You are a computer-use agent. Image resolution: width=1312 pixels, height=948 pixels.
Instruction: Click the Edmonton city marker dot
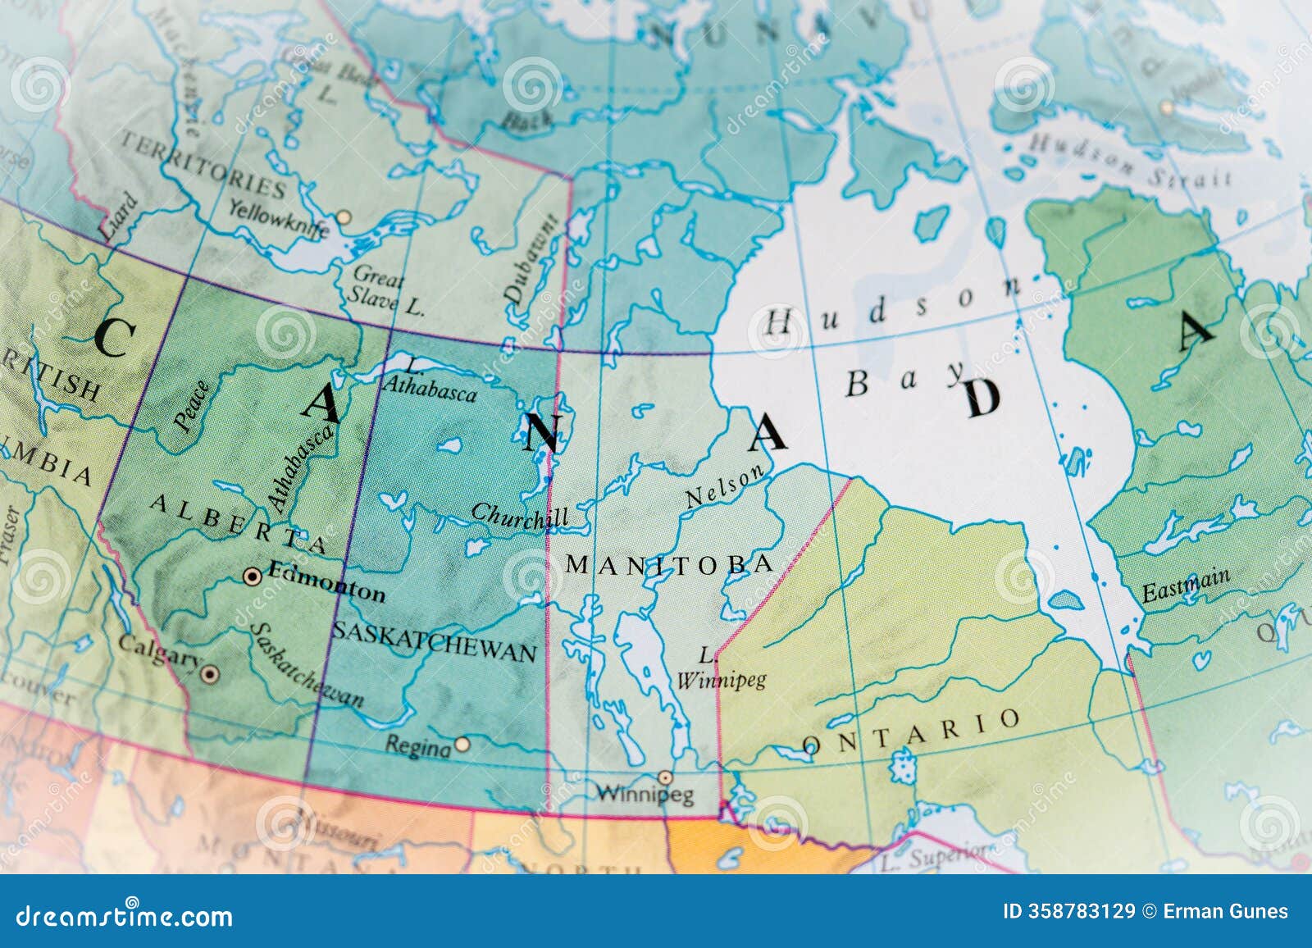coord(253,577)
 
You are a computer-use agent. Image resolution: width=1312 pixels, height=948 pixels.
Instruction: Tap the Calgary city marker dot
coord(210,675)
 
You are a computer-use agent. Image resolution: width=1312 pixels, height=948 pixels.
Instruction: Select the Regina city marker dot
coord(462,744)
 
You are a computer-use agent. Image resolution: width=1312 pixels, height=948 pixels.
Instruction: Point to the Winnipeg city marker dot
coord(665,777)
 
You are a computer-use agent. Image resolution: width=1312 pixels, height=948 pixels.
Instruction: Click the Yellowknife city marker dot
coord(344,217)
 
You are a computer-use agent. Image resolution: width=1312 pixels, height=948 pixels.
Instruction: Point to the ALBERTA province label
coord(238,523)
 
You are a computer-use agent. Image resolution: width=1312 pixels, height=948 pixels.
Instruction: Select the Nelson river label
coord(728,486)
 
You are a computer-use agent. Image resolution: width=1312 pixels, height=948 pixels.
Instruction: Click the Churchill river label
coord(519,517)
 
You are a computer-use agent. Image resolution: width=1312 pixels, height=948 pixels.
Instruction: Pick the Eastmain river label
coord(1186,585)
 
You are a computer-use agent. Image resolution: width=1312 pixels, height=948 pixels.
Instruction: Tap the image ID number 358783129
coord(1070,911)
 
